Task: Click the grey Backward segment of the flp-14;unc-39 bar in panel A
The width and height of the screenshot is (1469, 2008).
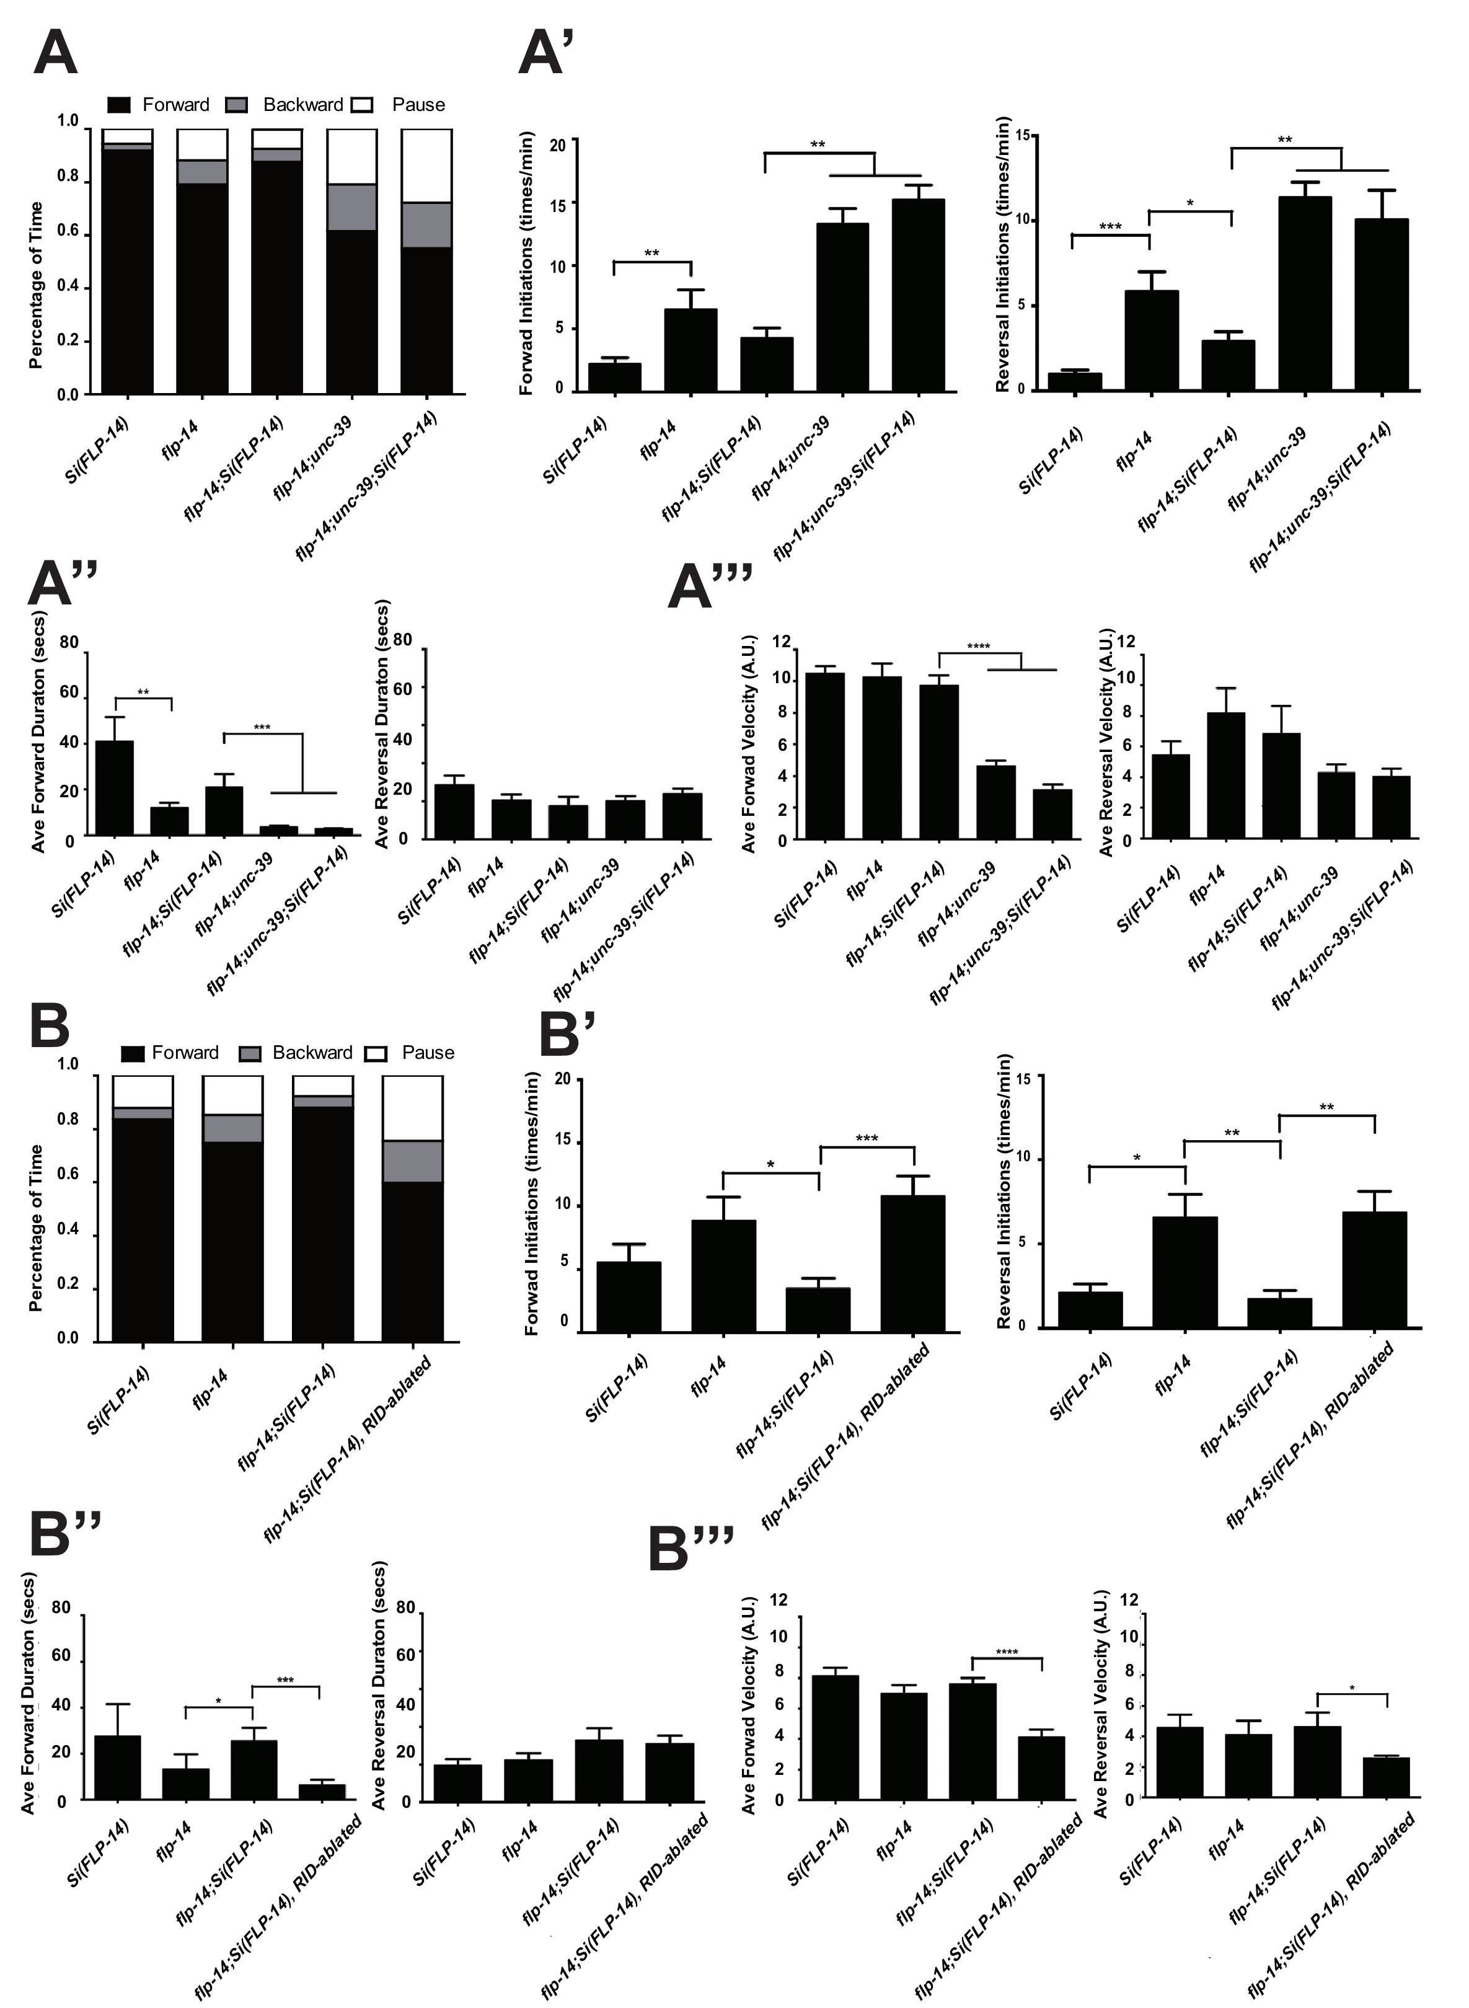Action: click(351, 207)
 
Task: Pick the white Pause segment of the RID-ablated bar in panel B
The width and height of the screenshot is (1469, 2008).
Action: click(412, 1107)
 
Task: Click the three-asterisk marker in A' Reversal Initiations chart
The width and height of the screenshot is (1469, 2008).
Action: click(1109, 227)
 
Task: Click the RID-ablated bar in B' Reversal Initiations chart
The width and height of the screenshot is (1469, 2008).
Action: click(1374, 1269)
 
